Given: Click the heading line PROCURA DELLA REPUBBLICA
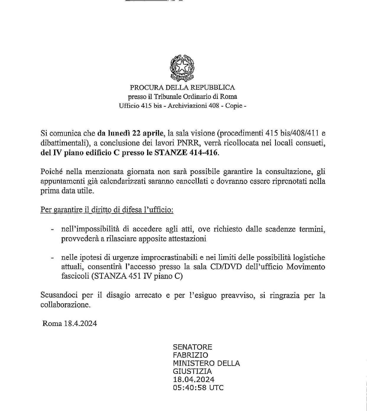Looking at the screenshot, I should [182, 88].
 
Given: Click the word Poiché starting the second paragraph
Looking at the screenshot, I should [51, 171].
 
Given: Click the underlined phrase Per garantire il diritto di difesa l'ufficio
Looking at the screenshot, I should [107, 210].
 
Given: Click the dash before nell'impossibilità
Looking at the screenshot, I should [52, 229].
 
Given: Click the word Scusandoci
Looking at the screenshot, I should [58, 295].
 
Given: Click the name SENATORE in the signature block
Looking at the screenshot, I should [193, 347].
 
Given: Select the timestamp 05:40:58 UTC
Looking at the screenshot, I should [198, 387].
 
